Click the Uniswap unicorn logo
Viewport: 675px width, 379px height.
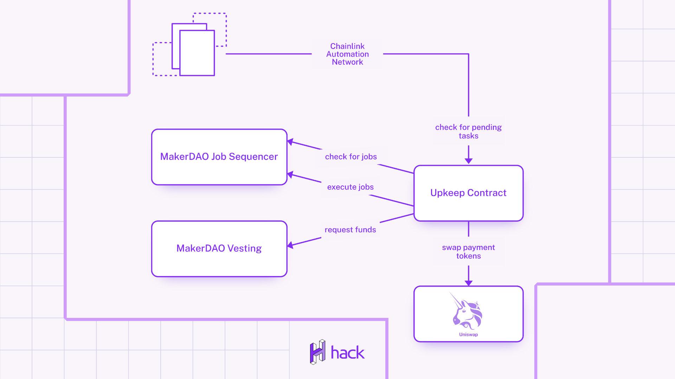tap(467, 311)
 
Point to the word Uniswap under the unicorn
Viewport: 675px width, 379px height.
tap(468, 334)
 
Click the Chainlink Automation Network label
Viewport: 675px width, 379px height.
tap(347, 54)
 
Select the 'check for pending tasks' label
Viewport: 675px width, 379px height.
tap(468, 131)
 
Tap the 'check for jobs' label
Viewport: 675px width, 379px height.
tap(351, 157)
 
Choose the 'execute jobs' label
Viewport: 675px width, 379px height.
tap(350, 187)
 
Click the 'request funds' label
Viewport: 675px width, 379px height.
tap(350, 230)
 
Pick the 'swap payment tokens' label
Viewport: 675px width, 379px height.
tap(468, 251)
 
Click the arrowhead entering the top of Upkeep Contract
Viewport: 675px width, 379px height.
tap(468, 161)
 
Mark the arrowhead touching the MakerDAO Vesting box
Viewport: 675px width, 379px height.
tap(290, 245)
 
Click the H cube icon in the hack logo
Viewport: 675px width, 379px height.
tap(317, 352)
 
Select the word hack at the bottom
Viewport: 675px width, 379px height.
tap(348, 353)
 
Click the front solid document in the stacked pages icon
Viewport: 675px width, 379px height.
tap(197, 53)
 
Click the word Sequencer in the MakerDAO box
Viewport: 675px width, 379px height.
tap(253, 157)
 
